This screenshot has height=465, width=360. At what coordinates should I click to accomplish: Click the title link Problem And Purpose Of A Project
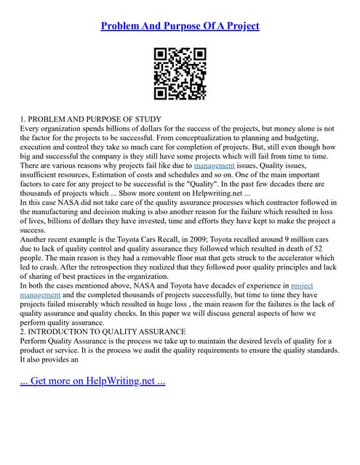180,25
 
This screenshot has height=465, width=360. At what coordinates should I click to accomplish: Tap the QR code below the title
180,74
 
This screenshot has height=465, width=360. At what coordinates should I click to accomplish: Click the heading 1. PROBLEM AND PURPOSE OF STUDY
91,119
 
